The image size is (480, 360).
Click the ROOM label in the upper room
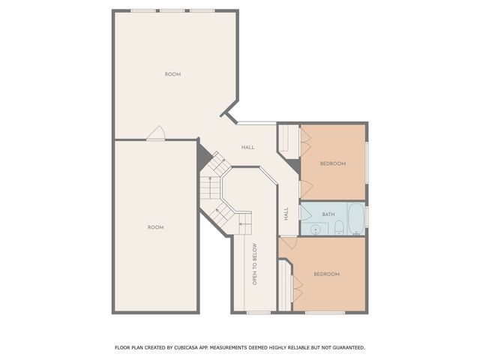click(x=172, y=74)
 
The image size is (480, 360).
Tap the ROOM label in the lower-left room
click(x=155, y=227)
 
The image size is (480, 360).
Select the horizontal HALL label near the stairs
click(x=247, y=147)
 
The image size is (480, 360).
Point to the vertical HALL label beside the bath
click(x=286, y=214)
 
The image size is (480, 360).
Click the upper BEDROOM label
click(x=332, y=163)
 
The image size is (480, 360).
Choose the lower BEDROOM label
click(x=326, y=274)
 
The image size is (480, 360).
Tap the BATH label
click(x=328, y=214)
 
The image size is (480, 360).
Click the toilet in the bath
click(x=339, y=226)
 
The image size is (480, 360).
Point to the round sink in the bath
click(x=316, y=229)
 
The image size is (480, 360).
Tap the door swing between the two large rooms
click(x=156, y=133)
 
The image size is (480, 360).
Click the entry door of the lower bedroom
click(x=288, y=244)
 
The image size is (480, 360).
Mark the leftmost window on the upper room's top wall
click(x=143, y=10)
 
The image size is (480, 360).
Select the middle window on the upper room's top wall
click(x=172, y=10)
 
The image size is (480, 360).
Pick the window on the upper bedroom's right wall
click(x=367, y=162)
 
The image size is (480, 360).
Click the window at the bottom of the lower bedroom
click(x=325, y=312)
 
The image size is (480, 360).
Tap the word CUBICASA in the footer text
click(x=194, y=348)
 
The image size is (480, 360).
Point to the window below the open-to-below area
click(x=259, y=312)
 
